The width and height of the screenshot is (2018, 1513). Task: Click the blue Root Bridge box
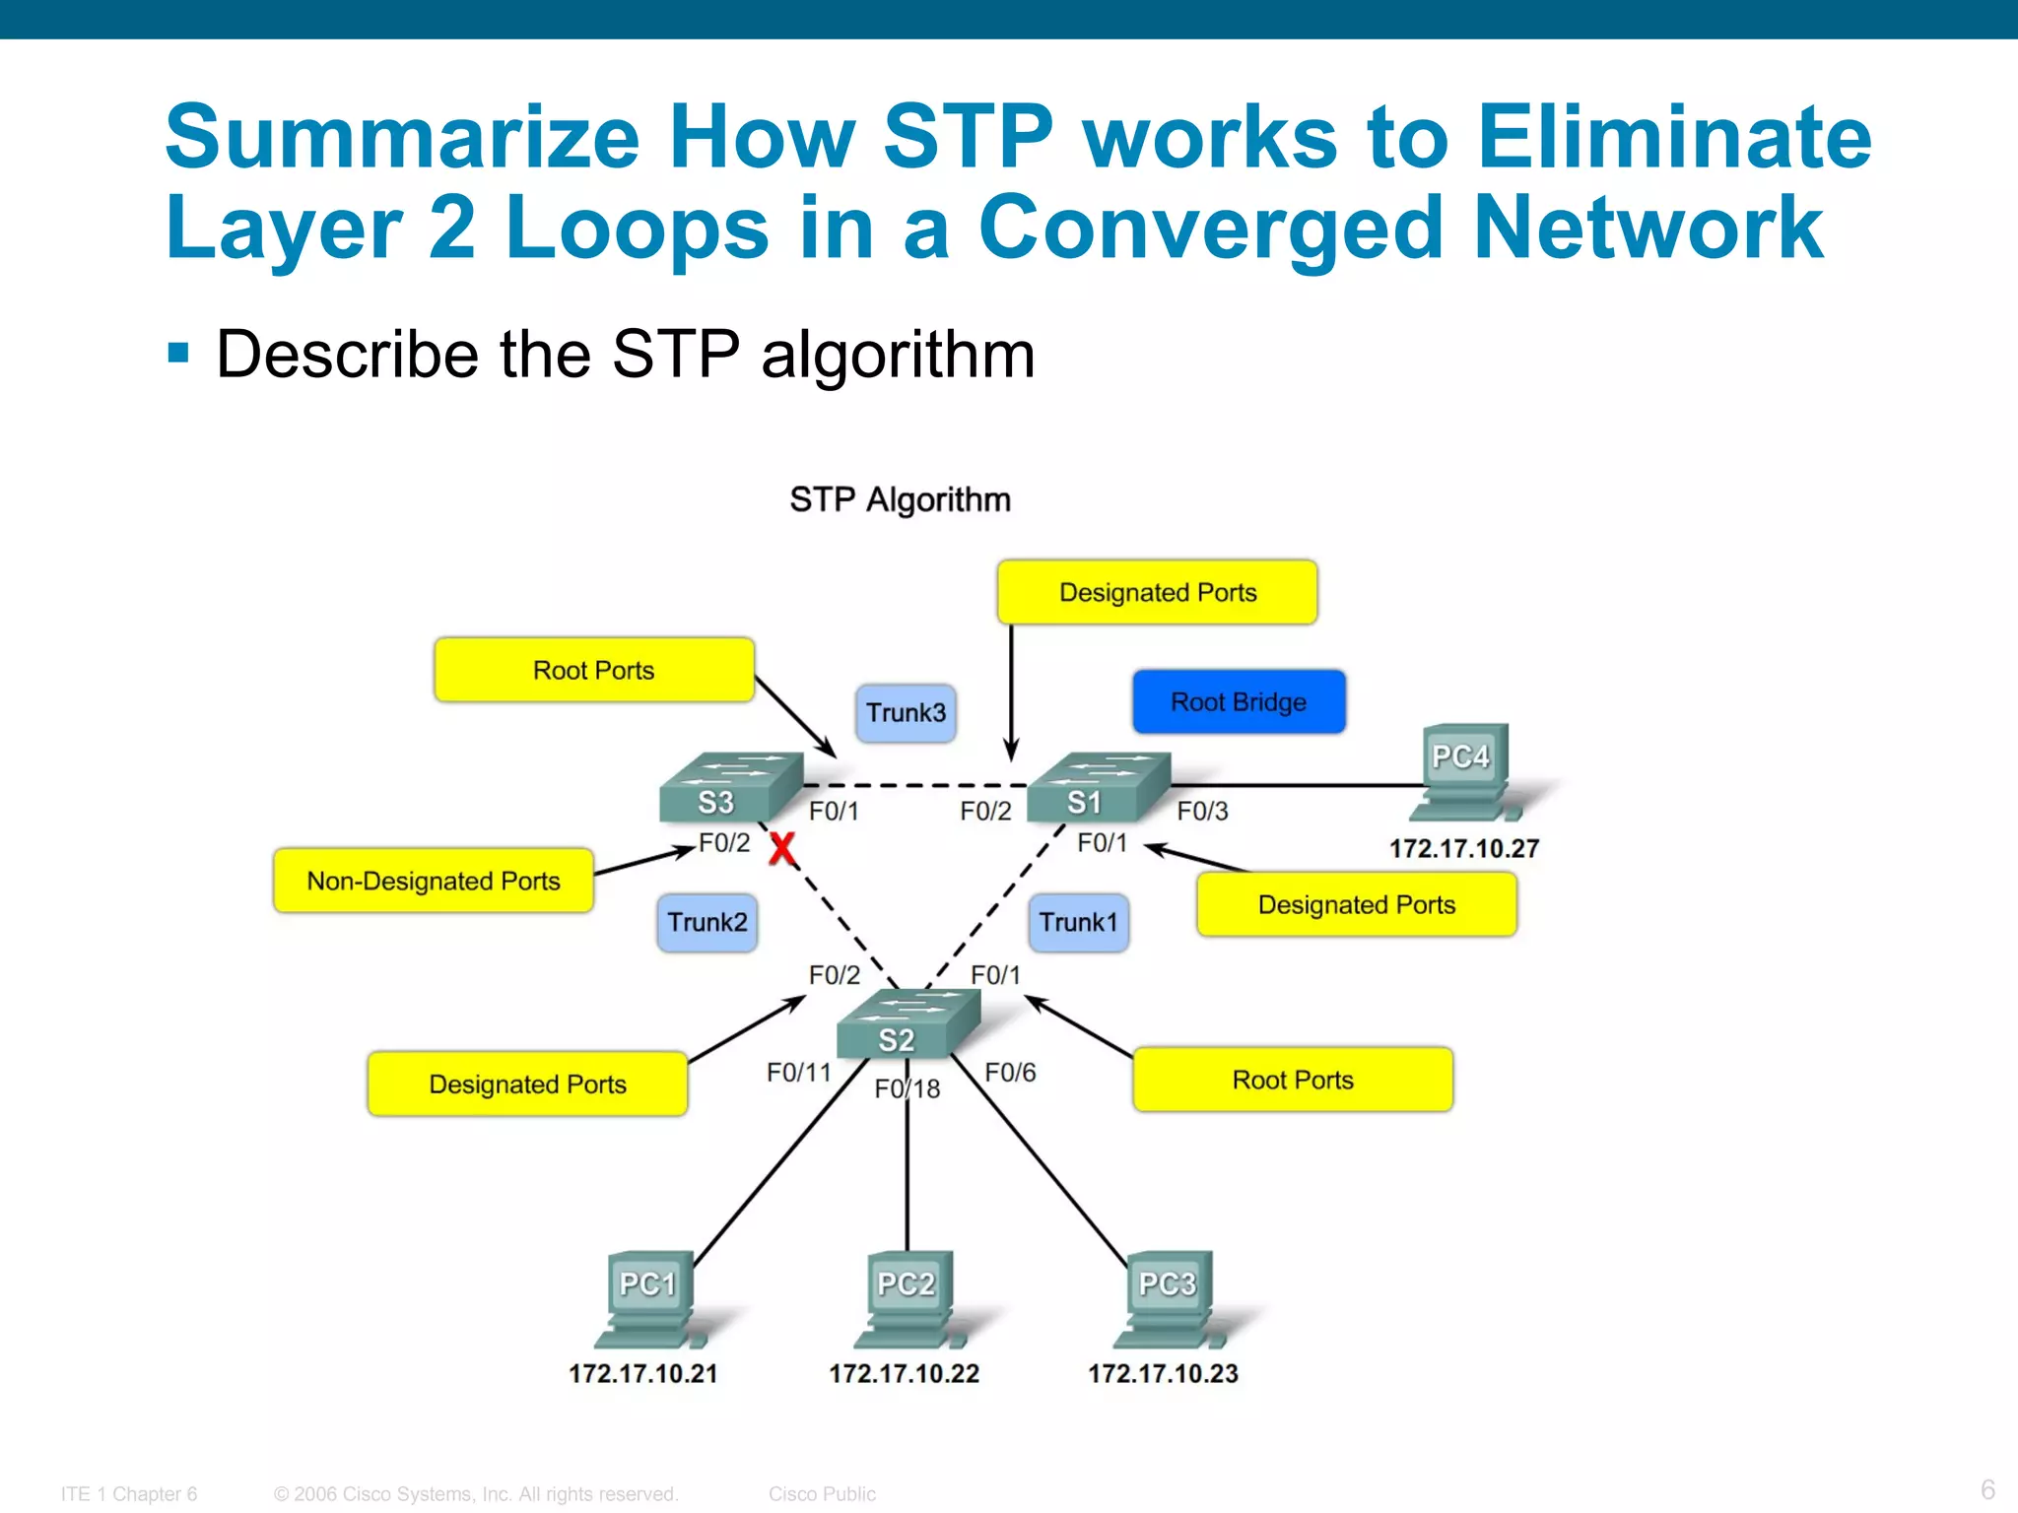pos(1239,701)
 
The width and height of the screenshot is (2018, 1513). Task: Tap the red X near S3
pos(782,848)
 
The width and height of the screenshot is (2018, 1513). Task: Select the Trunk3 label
pos(906,712)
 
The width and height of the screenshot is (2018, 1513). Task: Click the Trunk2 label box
pos(706,922)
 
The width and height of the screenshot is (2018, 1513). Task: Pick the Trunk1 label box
pos(1078,922)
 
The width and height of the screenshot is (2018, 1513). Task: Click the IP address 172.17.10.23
pos(1163,1373)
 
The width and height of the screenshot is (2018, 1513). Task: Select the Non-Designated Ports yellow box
pos(434,881)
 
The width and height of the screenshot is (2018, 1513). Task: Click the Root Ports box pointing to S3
pos(594,670)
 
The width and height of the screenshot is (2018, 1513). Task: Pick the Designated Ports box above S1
pos(1157,592)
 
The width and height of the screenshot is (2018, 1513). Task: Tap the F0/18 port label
pos(908,1088)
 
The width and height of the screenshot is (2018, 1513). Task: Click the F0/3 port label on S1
pos(1202,811)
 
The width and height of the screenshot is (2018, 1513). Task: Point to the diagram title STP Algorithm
pos(900,499)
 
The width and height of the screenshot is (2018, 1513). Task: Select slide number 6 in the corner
pos(1987,1488)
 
